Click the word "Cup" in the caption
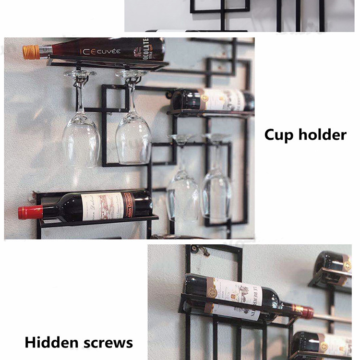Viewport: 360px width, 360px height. pyautogui.click(x=280, y=135)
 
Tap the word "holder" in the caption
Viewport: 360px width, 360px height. pyautogui.click(x=323, y=134)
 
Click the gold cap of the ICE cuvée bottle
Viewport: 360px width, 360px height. pyautogui.click(x=31, y=52)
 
